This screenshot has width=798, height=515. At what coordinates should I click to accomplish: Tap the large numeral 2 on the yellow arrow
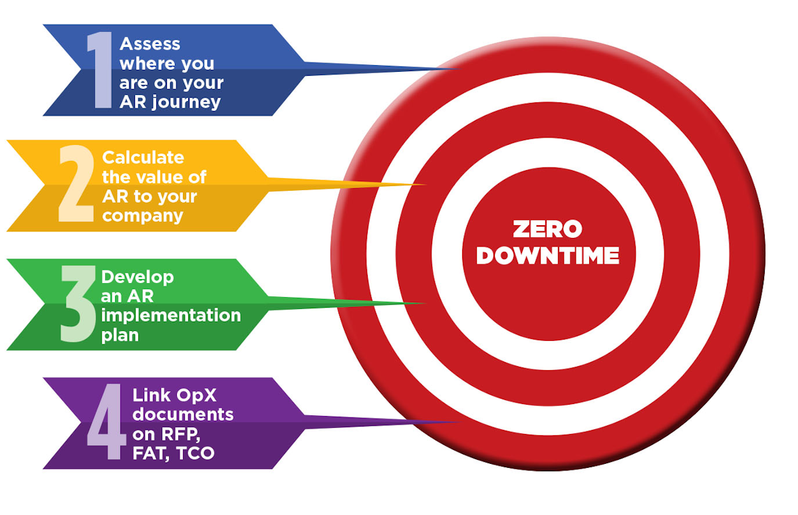pos(76,183)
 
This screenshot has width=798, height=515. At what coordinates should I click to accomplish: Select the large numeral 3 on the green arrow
pos(78,304)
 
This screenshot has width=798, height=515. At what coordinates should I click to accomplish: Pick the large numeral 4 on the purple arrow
pos(106,421)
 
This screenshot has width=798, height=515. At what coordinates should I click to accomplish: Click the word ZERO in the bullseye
pos(547,229)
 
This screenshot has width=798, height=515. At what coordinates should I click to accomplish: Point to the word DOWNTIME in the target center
pos(548,256)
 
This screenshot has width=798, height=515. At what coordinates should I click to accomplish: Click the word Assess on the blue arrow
pos(150,44)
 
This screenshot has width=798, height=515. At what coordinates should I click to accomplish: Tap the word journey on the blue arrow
pos(186,103)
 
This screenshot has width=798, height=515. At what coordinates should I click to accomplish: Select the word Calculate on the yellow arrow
pos(143,157)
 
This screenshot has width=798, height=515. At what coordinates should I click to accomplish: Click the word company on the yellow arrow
pos(142,217)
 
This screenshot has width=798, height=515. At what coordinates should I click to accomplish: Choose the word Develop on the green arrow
pos(138,277)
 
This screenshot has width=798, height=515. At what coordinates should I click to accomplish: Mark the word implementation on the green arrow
pos(171,316)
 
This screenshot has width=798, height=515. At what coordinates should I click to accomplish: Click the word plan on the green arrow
pos(120,336)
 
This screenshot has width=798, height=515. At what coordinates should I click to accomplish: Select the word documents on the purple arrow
pos(183,414)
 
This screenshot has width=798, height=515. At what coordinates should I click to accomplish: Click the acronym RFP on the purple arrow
pos(180,434)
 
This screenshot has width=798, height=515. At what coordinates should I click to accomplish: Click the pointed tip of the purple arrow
pos(460,422)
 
